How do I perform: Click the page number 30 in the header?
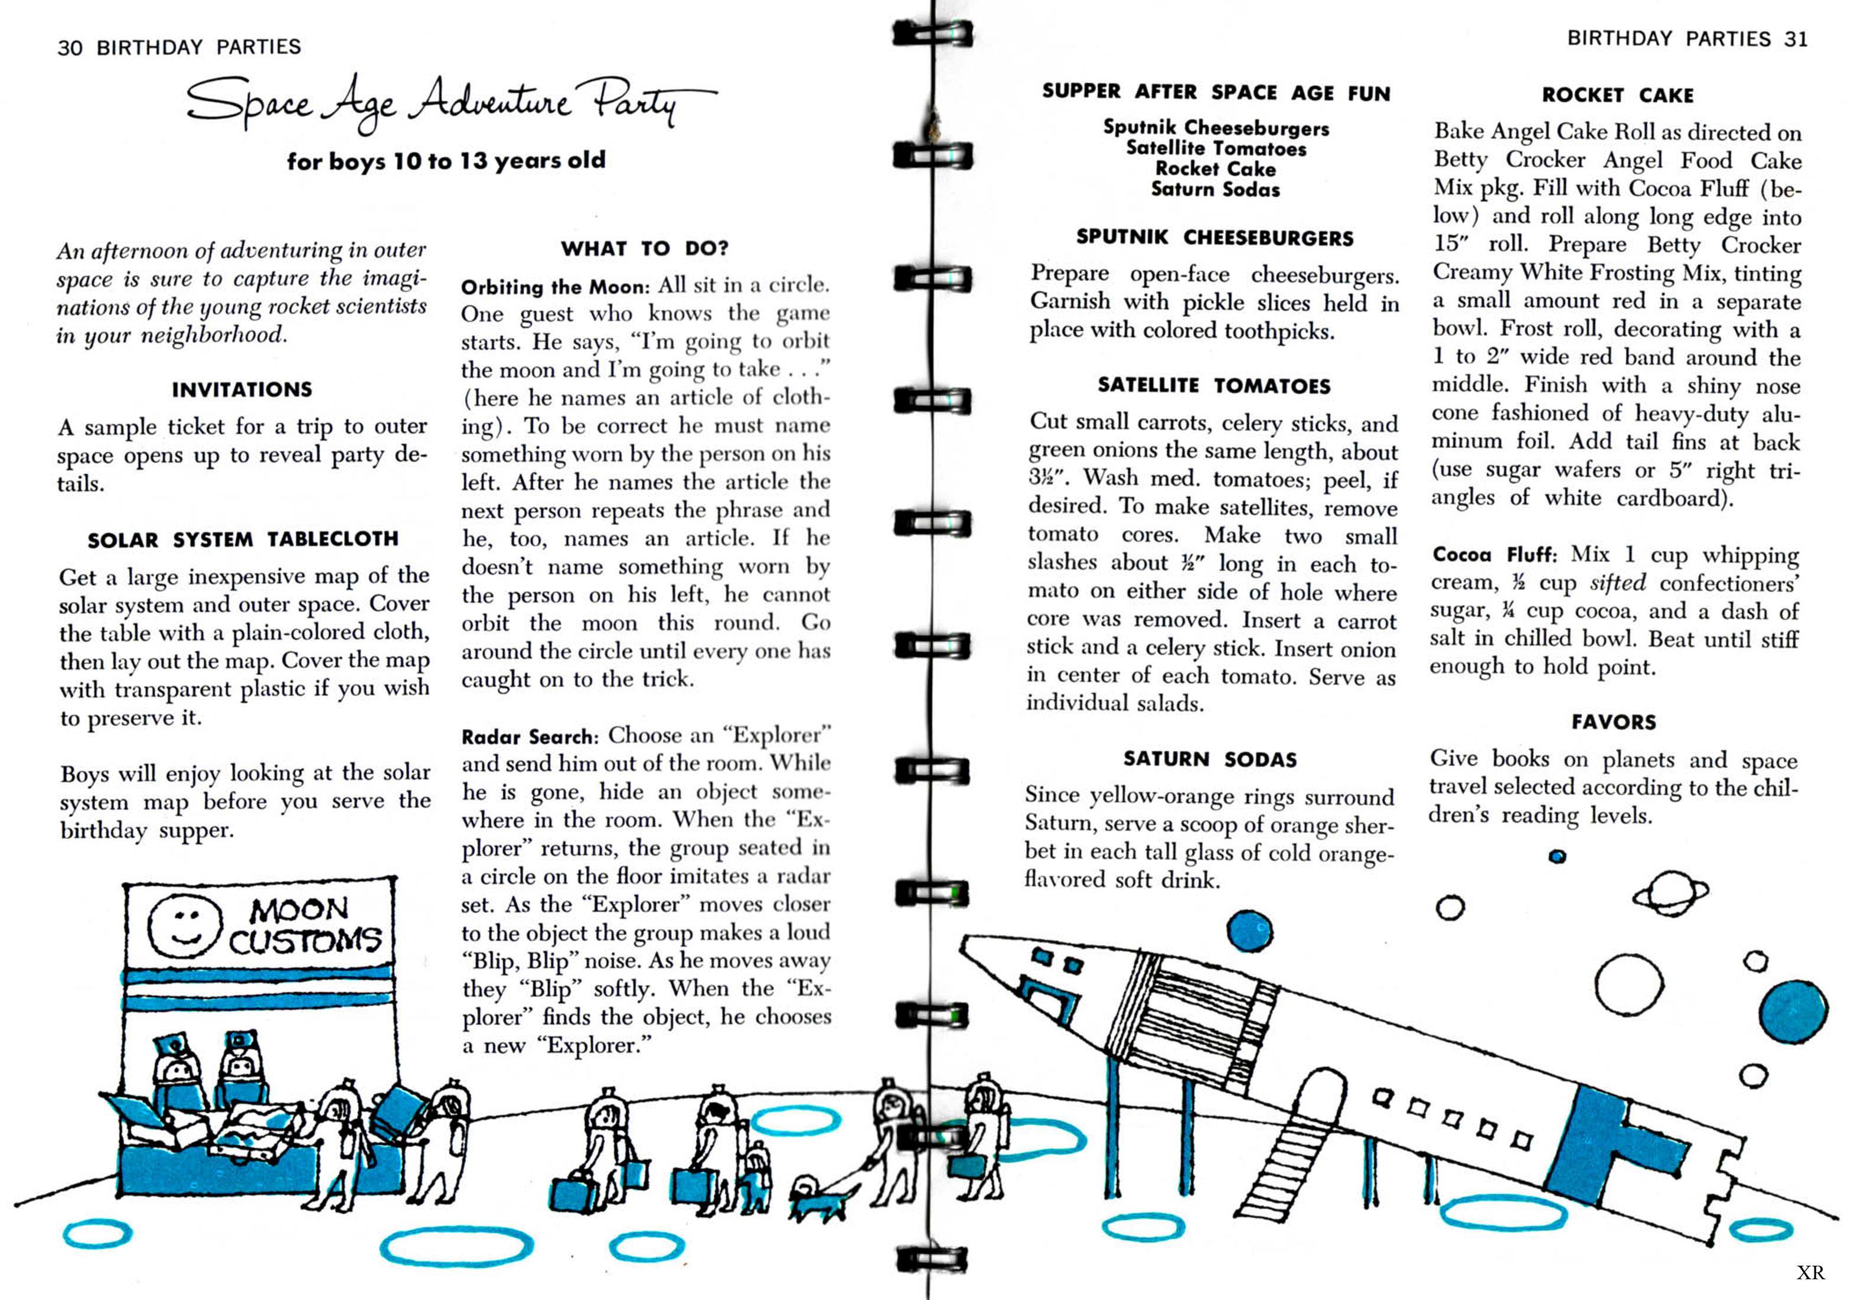pos(70,48)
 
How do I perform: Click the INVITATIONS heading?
pos(241,389)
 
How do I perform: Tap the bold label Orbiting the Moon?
pos(555,287)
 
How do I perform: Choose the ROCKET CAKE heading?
pos(1617,95)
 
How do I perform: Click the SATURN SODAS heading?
pos(1210,759)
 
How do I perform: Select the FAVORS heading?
pos(1613,722)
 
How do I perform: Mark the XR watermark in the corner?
pos(1810,1273)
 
